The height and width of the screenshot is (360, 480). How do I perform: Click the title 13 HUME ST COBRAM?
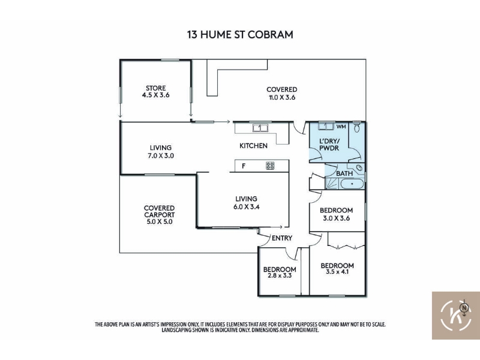(240, 34)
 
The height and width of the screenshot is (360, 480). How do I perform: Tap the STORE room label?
(156, 88)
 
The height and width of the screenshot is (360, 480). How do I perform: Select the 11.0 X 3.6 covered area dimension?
(281, 98)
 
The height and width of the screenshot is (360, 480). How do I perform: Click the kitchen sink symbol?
(260, 128)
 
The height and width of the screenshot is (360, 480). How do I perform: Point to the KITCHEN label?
(253, 146)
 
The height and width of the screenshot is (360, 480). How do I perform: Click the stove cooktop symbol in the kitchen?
(270, 166)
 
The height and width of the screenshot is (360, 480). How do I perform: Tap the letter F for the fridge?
(244, 166)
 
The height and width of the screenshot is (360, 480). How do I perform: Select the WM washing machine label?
(341, 127)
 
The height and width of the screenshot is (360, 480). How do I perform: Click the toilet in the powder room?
(356, 127)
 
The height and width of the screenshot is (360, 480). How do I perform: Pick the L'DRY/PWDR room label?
(329, 145)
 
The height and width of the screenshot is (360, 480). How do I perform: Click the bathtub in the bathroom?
(352, 184)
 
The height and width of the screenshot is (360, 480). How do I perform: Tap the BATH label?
(344, 173)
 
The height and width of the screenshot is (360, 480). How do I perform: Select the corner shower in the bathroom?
(332, 184)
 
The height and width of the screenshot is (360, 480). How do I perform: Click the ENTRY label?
(282, 238)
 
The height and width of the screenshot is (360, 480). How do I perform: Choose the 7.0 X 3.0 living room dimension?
(161, 155)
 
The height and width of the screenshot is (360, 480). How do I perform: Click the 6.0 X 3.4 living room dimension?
(247, 207)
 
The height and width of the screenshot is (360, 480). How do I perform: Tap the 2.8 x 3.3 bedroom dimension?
(280, 275)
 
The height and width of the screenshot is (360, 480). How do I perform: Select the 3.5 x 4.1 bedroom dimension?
(337, 272)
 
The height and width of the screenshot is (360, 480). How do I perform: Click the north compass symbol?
(464, 308)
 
